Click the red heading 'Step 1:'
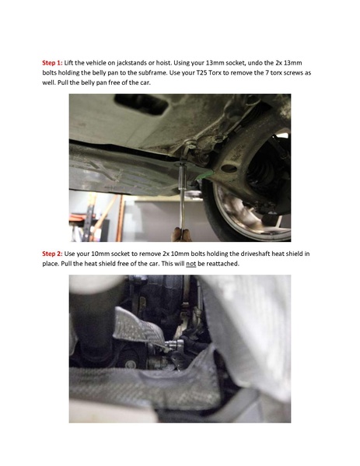click(53, 60)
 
